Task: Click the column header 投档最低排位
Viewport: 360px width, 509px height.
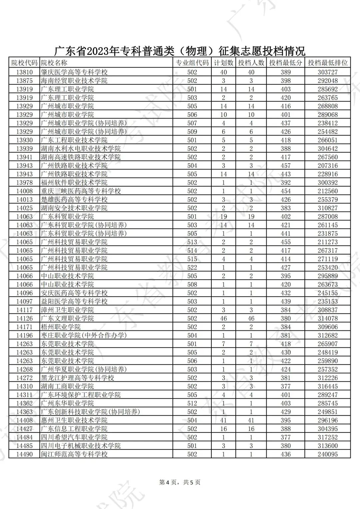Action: pos(327,63)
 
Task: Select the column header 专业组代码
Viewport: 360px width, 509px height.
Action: pos(192,63)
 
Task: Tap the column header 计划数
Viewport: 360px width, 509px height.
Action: pos(223,63)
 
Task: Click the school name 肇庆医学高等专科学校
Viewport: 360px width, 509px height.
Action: pos(74,72)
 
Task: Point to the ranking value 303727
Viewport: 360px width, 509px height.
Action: pos(327,72)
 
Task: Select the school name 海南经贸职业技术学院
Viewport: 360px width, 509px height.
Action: pos(74,81)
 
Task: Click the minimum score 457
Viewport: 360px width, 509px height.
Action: pos(285,166)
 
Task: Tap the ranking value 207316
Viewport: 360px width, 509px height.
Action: pos(327,166)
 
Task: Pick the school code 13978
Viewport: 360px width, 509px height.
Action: pos(24,183)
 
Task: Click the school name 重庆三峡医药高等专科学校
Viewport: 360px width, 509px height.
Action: pos(81,191)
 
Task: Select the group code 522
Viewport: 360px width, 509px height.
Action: pos(192,267)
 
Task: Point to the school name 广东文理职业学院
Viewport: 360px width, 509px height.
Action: pos(67,318)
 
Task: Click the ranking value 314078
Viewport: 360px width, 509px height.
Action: pos(327,318)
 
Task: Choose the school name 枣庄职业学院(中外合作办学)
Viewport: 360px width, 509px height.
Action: pos(84,335)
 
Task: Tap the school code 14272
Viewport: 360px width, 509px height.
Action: pos(24,378)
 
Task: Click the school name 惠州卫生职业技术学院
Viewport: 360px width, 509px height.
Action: pos(74,420)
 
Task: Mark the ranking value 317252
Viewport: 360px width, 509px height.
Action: pos(327,437)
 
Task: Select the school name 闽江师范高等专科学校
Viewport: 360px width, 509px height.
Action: pos(74,454)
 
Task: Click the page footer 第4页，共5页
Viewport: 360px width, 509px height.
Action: pos(180,482)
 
